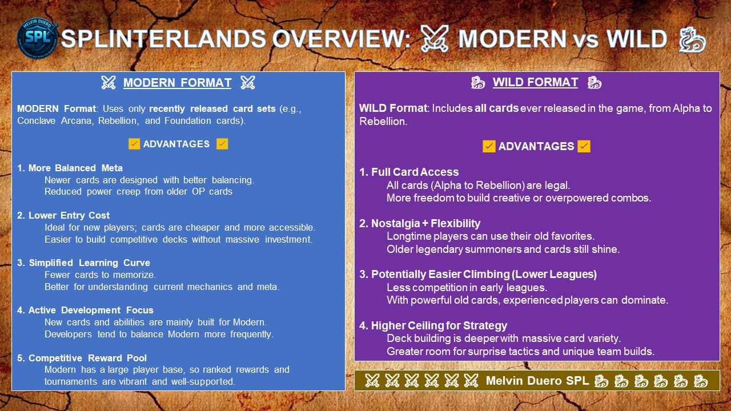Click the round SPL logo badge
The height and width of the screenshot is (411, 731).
point(38,38)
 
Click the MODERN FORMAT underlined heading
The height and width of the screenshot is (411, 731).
point(177,83)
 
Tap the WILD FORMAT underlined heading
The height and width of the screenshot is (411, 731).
point(535,82)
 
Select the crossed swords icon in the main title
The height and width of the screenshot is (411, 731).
point(435,39)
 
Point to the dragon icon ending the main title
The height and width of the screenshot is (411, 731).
point(692,40)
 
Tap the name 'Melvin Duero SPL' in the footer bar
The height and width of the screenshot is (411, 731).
point(537,381)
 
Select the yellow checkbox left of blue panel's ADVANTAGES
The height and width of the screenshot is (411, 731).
point(134,144)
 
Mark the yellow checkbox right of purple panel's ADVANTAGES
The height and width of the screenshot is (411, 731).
point(584,146)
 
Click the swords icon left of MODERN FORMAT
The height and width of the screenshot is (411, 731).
point(109,83)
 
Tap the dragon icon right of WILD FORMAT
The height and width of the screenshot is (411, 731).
point(595,83)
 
